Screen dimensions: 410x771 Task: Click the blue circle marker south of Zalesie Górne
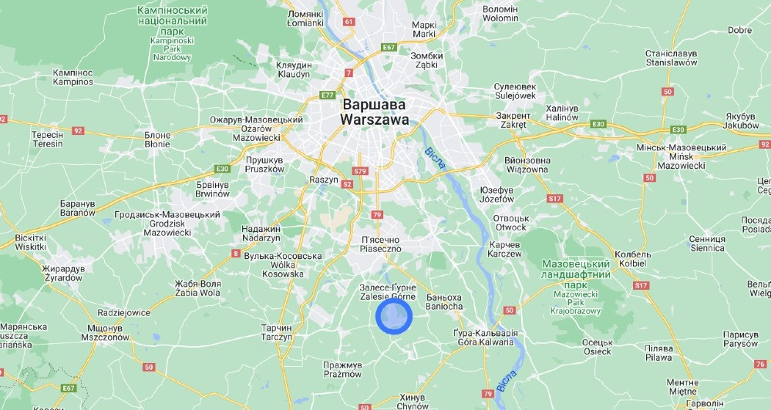pyautogui.click(x=394, y=316)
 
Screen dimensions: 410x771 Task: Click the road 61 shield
pyautogui.click(x=348, y=22)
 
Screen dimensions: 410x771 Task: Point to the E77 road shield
pyautogui.click(x=327, y=95)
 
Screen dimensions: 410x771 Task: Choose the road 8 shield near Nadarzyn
pyautogui.click(x=235, y=253)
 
